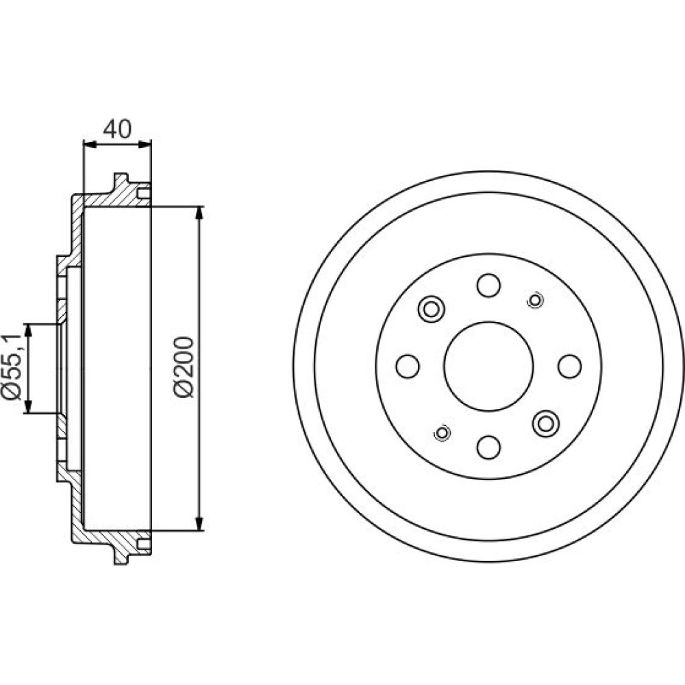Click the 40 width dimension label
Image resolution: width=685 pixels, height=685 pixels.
pyautogui.click(x=116, y=129)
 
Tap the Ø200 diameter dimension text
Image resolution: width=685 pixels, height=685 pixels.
pyautogui.click(x=184, y=367)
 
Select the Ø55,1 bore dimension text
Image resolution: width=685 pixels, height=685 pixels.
pyautogui.click(x=12, y=367)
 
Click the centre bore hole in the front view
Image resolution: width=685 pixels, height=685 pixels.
pyautogui.click(x=488, y=366)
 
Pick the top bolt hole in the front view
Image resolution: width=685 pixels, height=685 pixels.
pyautogui.click(x=488, y=285)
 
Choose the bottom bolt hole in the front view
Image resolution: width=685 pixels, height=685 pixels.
pyautogui.click(x=488, y=447)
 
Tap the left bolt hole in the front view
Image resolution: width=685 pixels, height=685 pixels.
pyautogui.click(x=408, y=366)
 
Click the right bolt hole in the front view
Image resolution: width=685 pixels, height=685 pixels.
pyautogui.click(x=570, y=366)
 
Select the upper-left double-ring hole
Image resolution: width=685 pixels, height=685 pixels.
pyautogui.click(x=431, y=310)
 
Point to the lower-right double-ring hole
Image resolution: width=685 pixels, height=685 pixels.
pyautogui.click(x=546, y=423)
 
